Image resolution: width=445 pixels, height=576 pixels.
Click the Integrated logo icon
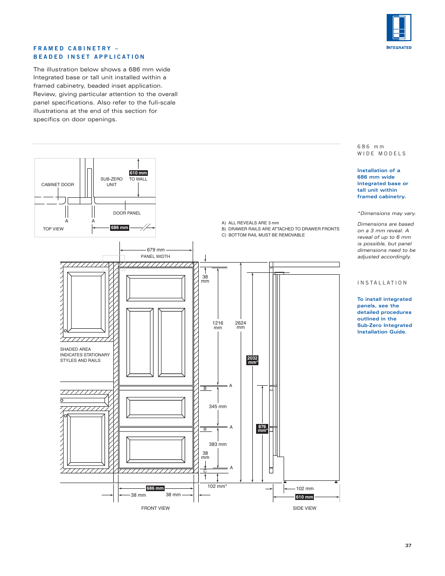[x=399, y=28]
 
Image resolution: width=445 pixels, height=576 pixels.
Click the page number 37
[x=408, y=545]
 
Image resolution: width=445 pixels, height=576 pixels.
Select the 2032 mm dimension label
[x=252, y=360]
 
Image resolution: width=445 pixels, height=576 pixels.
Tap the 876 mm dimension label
[x=262, y=428]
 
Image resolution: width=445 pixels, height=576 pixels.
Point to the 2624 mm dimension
[x=240, y=325]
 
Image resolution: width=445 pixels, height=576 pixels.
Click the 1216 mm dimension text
[x=218, y=325]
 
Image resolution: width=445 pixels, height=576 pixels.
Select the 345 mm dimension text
[x=217, y=406]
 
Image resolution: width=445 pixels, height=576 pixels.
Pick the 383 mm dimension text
[x=217, y=444]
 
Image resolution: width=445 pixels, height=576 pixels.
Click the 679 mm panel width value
[x=156, y=250]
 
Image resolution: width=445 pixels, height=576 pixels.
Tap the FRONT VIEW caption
[x=155, y=508]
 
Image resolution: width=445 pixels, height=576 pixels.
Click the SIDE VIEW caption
[x=304, y=508]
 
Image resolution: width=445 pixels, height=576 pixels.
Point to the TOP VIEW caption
[x=53, y=229]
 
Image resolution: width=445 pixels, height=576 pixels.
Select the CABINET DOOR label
[x=57, y=185]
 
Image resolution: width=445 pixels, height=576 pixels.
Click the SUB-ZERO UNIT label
[x=111, y=182]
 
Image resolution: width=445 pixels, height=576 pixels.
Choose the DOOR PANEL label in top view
[x=127, y=213]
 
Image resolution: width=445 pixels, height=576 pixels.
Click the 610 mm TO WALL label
[x=138, y=176]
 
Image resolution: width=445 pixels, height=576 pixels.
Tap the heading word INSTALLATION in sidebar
[x=382, y=283]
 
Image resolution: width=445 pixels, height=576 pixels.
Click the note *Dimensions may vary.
[x=386, y=213]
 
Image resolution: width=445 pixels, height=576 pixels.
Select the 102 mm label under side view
[x=305, y=488]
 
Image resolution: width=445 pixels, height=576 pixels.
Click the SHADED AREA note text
[x=84, y=354]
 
